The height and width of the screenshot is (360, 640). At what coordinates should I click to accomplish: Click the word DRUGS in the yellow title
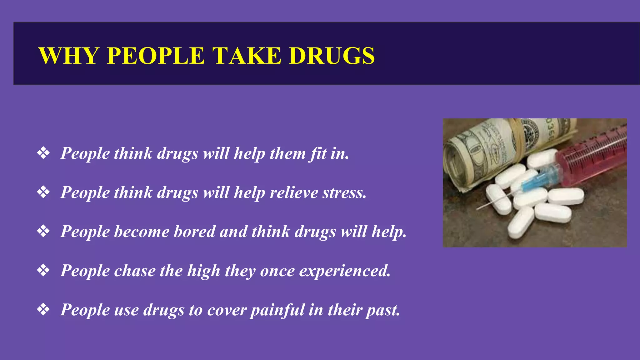(332, 56)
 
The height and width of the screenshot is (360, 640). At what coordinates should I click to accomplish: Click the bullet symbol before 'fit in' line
(43, 153)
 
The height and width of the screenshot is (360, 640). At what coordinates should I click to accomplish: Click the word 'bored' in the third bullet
(194, 232)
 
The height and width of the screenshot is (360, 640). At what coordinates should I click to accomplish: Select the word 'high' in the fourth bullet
(203, 271)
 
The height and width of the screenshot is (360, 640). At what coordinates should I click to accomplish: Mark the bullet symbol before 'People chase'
(43, 271)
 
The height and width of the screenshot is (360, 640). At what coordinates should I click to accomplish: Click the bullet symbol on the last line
(43, 310)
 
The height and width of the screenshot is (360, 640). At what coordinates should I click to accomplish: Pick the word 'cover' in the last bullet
(226, 310)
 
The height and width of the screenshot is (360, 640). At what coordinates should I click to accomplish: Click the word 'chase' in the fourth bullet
(134, 271)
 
